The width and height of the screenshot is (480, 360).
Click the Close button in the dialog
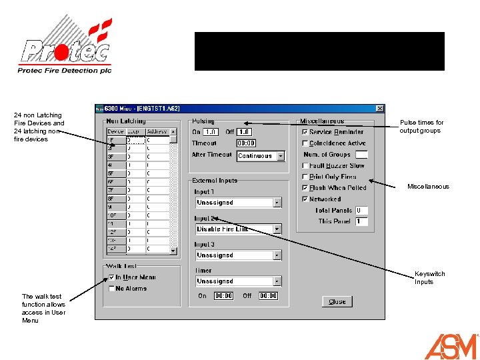tap(337, 301)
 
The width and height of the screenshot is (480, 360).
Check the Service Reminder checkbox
tap(305, 132)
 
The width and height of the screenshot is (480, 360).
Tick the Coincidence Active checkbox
tap(305, 143)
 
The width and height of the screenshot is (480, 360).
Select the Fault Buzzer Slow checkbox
tap(305, 165)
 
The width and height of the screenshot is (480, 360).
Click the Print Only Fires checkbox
tap(305, 177)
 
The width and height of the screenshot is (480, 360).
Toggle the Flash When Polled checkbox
tap(305, 188)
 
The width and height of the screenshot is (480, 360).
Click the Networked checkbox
tap(305, 199)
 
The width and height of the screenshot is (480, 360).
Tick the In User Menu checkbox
tap(111, 277)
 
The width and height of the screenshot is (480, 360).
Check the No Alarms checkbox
tap(111, 289)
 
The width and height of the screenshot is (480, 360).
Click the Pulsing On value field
tap(211, 132)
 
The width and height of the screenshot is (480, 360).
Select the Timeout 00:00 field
tap(246, 143)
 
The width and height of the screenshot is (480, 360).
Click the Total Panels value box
tap(361, 210)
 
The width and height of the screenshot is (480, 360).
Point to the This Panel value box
tap(361, 221)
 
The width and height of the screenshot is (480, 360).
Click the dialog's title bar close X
tap(379, 108)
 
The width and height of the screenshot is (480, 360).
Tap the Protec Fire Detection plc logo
tap(65, 47)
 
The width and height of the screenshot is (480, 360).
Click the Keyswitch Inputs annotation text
tap(429, 278)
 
